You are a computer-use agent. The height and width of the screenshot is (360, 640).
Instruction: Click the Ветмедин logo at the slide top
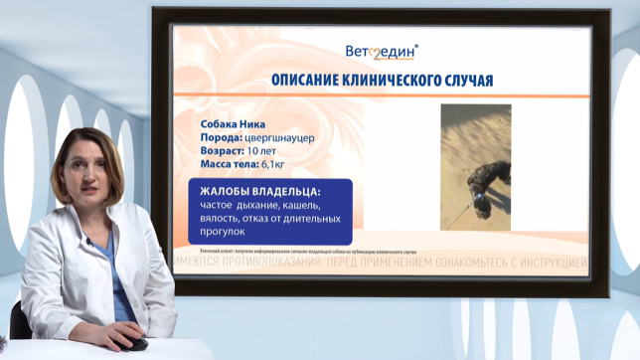(x=382, y=51)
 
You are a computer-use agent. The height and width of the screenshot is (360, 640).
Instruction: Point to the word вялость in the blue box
(x=224, y=218)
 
